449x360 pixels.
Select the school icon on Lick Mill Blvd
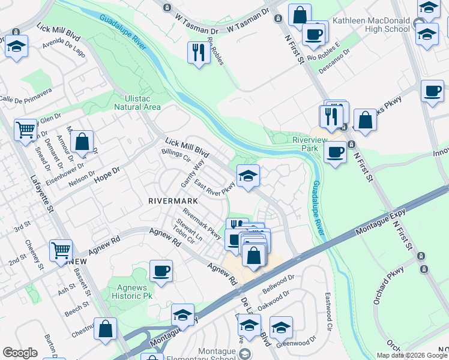248,175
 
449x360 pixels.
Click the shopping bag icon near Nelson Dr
82,142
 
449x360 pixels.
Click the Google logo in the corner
20,353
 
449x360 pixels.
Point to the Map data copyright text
412,355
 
